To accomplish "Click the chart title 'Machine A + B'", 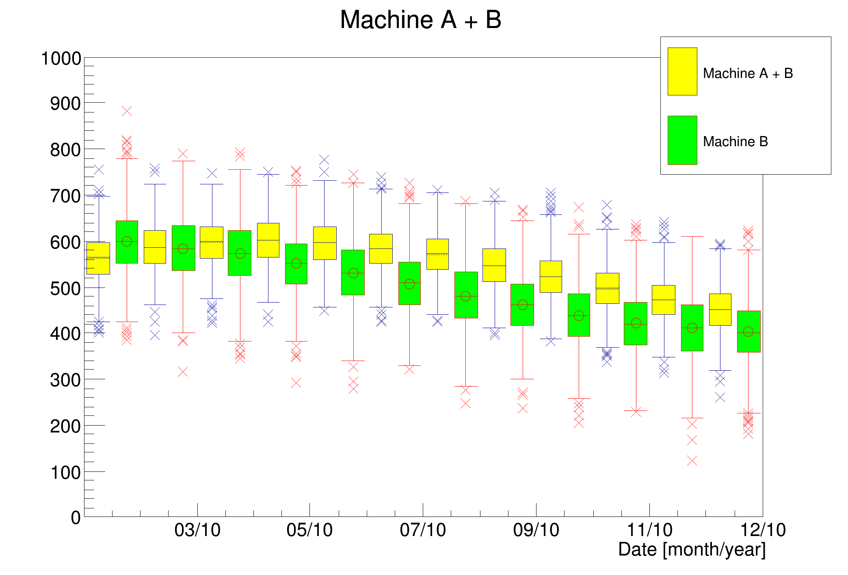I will [420, 19].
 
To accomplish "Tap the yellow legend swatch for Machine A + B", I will [682, 71].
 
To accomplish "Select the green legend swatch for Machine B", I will [682, 140].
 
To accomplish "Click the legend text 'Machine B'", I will [736, 141].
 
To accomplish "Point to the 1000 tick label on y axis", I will [61, 58].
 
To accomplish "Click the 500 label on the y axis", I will [65, 289].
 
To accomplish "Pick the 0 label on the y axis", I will [76, 518].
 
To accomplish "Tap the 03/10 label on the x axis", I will [197, 530].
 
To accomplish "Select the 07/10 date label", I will [423, 530].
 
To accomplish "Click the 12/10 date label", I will [763, 530].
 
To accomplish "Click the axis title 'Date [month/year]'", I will [692, 549].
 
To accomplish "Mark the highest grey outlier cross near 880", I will [127, 111].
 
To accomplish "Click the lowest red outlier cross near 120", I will [692, 460].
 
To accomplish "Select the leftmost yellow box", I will [98, 258].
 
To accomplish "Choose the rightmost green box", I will [748, 331].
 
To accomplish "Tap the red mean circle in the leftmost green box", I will [127, 241].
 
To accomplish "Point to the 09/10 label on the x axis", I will [536, 530].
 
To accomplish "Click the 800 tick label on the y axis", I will [65, 150].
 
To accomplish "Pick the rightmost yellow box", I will [720, 309].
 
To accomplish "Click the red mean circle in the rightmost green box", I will [748, 331].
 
